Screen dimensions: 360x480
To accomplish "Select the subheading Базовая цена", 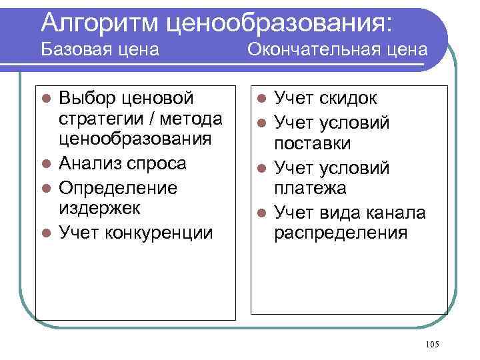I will coord(100,49).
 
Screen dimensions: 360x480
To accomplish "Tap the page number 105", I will coord(431,343).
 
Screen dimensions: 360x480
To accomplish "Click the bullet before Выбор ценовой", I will coord(47,99).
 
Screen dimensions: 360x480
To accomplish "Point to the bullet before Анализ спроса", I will coord(47,164).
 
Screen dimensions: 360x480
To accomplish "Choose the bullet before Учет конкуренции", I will coord(47,233).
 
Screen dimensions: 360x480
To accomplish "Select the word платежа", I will coord(311,188).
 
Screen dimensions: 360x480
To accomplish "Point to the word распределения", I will coord(341,233).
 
